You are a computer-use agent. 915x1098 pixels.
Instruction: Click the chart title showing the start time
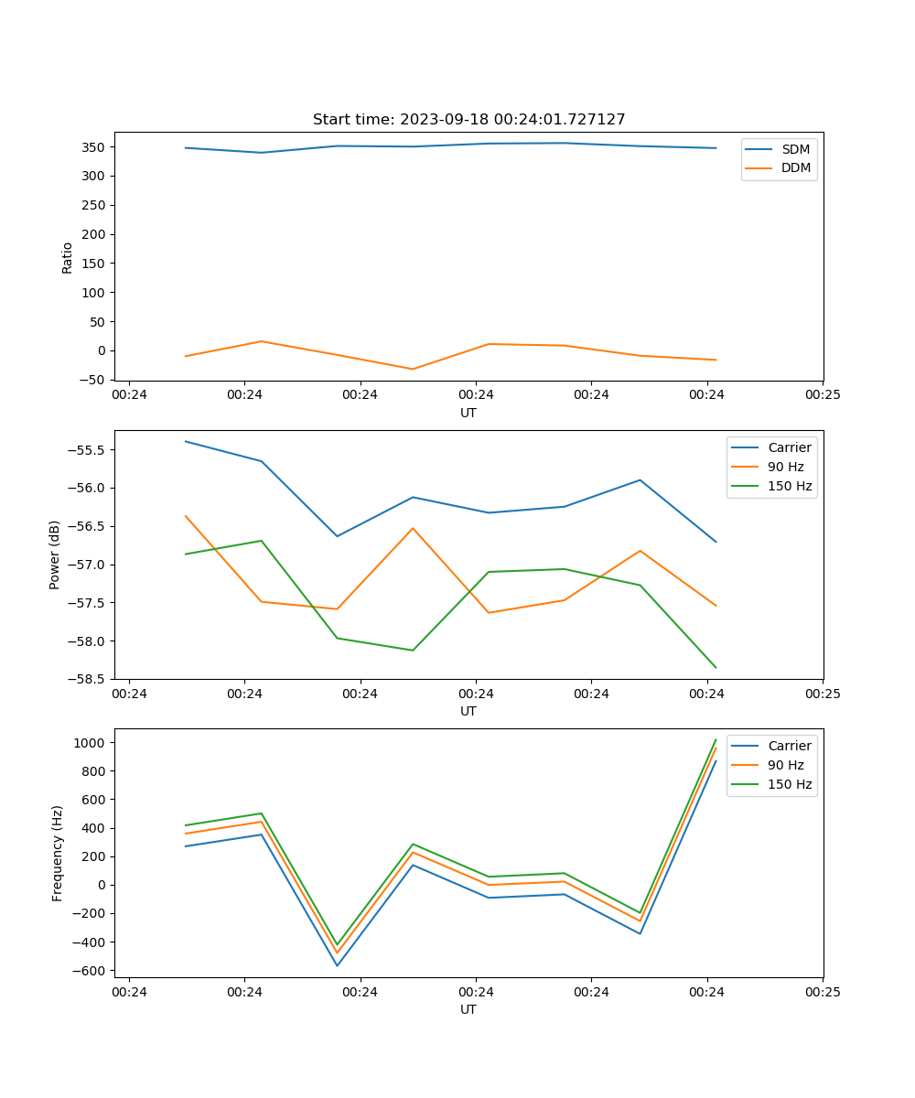tap(468, 120)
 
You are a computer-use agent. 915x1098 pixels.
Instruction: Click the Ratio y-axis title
tap(67, 258)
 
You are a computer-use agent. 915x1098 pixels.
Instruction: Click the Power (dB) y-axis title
tap(55, 554)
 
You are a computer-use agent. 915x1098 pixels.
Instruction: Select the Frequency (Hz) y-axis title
tap(58, 853)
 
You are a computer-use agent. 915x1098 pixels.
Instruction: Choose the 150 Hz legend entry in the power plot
tap(790, 486)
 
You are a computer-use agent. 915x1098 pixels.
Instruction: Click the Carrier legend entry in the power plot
tap(789, 447)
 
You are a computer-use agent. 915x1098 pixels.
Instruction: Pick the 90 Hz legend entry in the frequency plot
tap(790, 765)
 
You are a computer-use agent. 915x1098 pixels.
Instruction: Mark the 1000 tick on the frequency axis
tap(89, 743)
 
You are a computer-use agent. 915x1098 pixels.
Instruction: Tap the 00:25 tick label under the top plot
tap(823, 395)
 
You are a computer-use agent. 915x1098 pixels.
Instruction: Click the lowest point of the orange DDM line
tap(413, 369)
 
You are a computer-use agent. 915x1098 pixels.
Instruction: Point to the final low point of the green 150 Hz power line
tap(716, 668)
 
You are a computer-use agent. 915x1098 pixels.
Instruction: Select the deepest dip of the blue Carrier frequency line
tap(337, 965)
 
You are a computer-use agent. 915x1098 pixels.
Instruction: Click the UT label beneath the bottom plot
tap(468, 1009)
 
